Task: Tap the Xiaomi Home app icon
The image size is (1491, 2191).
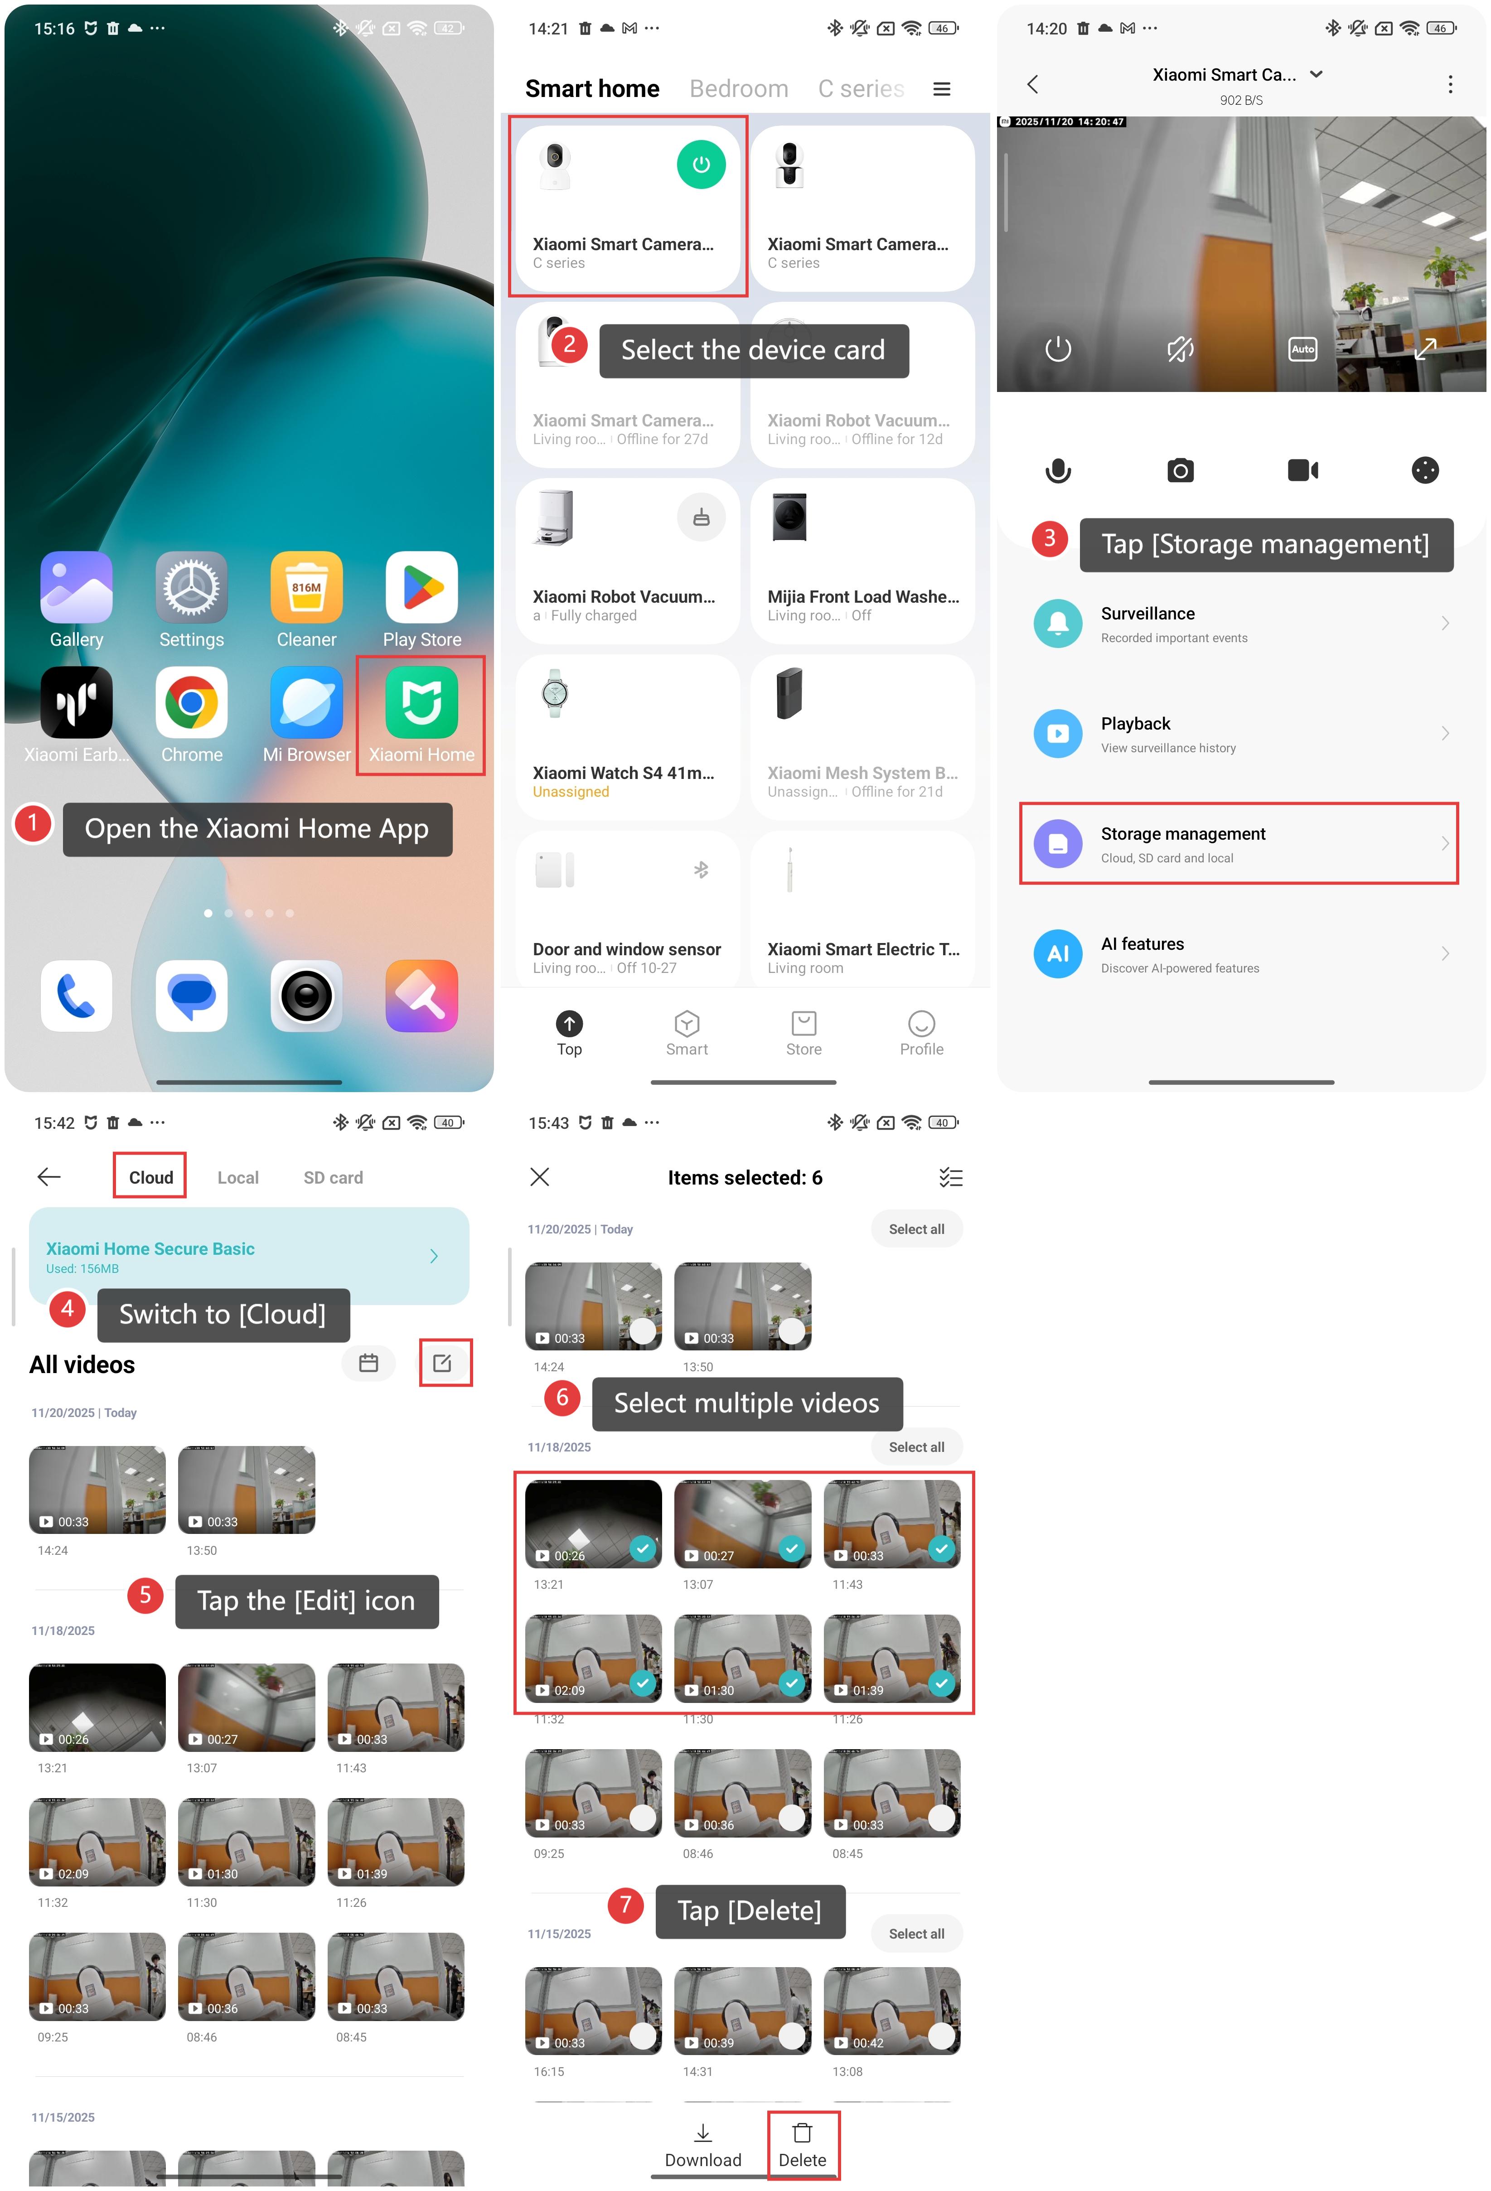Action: coord(421,702)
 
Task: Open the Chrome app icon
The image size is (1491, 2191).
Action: coord(191,702)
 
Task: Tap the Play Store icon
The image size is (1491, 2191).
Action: coord(421,587)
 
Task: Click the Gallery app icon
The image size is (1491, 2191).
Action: coord(77,587)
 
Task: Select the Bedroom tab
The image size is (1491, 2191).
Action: coord(738,89)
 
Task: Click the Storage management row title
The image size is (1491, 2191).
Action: coord(1183,833)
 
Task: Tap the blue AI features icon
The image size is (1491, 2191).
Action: coord(1057,953)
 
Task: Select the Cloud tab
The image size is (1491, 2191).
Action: coord(151,1176)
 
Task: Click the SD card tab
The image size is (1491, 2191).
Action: coord(333,1176)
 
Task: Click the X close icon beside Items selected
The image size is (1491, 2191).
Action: coord(539,1176)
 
